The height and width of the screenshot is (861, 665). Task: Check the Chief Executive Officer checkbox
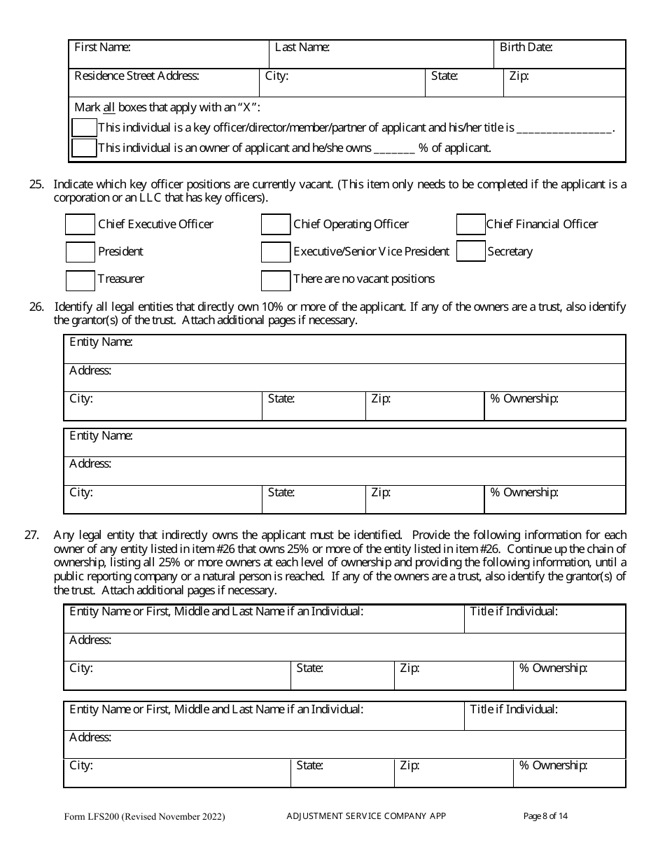pos(80,225)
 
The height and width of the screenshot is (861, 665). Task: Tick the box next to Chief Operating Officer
pos(275,225)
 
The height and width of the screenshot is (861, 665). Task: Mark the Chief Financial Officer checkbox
pos(470,225)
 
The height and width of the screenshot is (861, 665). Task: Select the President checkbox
pos(80,252)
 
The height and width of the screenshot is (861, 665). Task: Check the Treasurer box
pos(80,280)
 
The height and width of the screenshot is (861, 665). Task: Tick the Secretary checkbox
pos(470,251)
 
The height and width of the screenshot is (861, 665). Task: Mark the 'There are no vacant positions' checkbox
pos(275,280)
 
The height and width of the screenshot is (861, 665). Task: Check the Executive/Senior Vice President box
pos(275,252)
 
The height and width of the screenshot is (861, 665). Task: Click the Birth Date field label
pos(526,48)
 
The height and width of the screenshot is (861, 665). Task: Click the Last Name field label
pos(302,48)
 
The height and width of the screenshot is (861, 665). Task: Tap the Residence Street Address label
pos(136,76)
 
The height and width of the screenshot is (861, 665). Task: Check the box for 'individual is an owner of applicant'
pos(85,148)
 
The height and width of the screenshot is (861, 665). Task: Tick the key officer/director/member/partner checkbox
pos(85,127)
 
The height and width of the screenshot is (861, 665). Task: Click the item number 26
pos(36,307)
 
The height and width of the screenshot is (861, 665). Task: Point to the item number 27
pos(31,535)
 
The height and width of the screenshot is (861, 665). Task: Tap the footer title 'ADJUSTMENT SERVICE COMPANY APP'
pos(366,815)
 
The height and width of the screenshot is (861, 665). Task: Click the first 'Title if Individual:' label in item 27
pos(513,612)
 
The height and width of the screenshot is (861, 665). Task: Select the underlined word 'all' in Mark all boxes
pos(109,108)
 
